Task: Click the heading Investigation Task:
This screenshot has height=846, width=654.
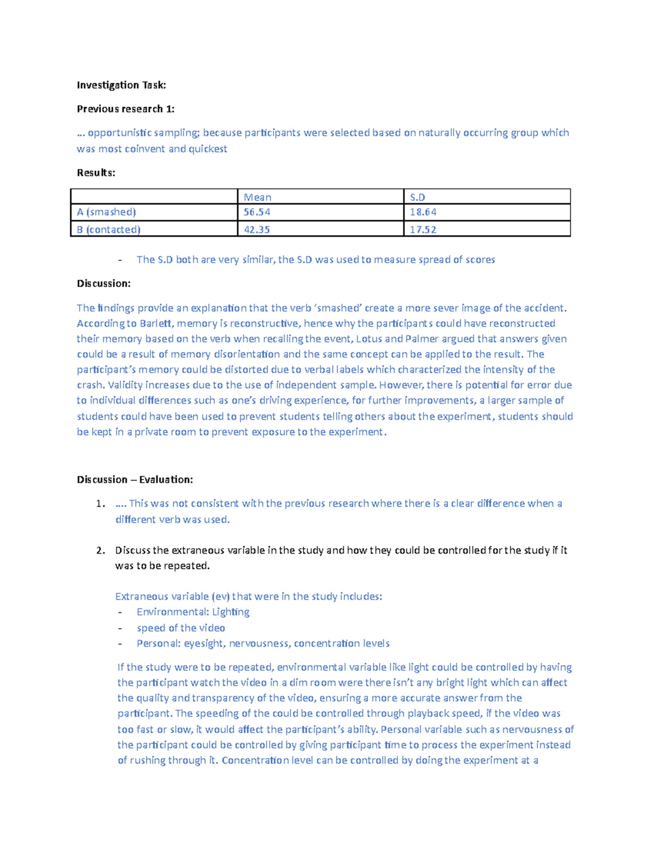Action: [x=121, y=85]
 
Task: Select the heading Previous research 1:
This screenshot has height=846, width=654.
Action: [x=125, y=109]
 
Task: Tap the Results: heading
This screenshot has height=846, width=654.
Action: [x=96, y=173]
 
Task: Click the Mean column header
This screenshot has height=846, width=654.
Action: [x=257, y=197]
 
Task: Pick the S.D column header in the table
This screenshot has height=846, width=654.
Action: [x=417, y=197]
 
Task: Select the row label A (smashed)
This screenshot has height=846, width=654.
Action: [x=106, y=212]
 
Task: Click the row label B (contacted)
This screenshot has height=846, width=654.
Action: [x=108, y=229]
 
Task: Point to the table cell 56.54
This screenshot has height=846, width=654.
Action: [x=257, y=212]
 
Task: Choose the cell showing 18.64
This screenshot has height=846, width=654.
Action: [x=423, y=212]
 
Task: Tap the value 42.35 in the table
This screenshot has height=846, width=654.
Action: [x=257, y=229]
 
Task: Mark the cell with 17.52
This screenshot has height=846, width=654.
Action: [x=423, y=229]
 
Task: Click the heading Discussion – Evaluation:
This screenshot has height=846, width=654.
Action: [x=135, y=479]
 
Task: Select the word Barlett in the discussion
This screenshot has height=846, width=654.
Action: [x=156, y=324]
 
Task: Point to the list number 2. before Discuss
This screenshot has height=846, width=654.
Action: [x=100, y=550]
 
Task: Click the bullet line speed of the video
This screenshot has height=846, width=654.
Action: [x=180, y=628]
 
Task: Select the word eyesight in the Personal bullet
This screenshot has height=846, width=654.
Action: [x=203, y=643]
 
